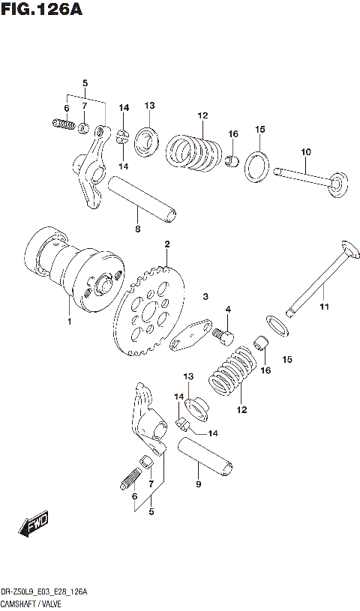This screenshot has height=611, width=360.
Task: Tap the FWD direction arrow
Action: pyautogui.click(x=34, y=526)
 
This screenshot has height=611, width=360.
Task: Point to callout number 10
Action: pyautogui.click(x=305, y=153)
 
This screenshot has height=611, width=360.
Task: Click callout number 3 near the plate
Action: pyautogui.click(x=204, y=298)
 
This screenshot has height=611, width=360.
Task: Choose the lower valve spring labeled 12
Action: pyautogui.click(x=232, y=371)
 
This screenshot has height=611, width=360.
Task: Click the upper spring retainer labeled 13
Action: pyautogui.click(x=148, y=139)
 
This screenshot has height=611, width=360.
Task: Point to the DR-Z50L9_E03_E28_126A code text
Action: pyautogui.click(x=44, y=592)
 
